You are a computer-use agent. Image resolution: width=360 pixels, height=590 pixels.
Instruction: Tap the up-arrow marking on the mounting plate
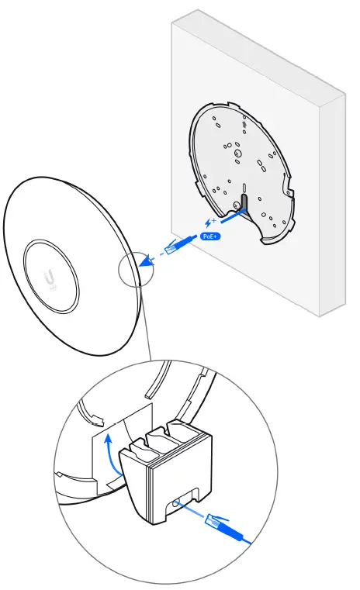(245, 123)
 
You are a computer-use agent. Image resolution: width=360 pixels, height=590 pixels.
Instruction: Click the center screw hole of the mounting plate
(238, 155)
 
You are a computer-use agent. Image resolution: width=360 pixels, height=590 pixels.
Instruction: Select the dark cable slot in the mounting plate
(242, 203)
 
